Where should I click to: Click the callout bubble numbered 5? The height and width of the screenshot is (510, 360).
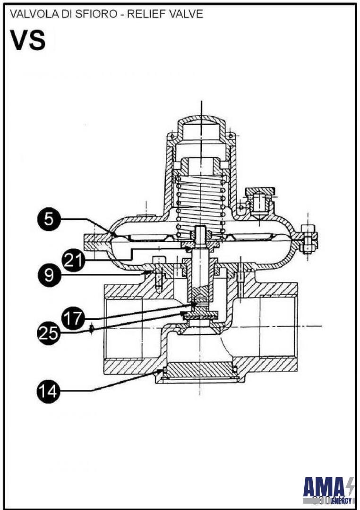tap(49, 220)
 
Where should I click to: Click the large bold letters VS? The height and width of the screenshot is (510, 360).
tap(28, 41)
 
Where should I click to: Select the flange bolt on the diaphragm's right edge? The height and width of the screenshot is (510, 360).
tap(309, 238)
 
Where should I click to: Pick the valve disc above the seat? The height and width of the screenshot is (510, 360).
tap(201, 315)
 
